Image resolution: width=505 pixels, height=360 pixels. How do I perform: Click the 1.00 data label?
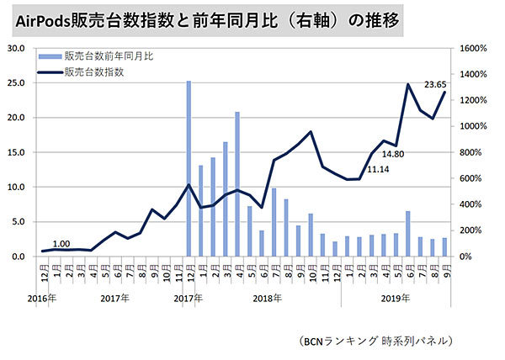pyautogui.click(x=61, y=241)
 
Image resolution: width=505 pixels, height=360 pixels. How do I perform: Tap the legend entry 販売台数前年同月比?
pyautogui.click(x=109, y=57)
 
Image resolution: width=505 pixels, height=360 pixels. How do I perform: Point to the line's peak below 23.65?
pyautogui.click(x=408, y=84)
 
